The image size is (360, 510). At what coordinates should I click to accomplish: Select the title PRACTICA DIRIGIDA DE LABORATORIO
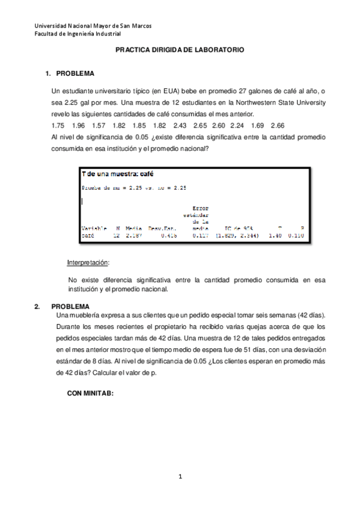[x=180, y=52]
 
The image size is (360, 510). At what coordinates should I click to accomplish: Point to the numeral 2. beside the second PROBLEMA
[x=37, y=306]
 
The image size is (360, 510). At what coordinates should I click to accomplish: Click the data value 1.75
[x=58, y=125]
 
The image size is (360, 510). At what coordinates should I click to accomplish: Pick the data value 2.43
[x=180, y=125]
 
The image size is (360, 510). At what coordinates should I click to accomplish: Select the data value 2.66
[x=277, y=125]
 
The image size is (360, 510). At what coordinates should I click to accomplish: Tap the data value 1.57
[x=99, y=125]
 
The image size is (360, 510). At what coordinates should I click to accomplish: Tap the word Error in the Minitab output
[x=200, y=208]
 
